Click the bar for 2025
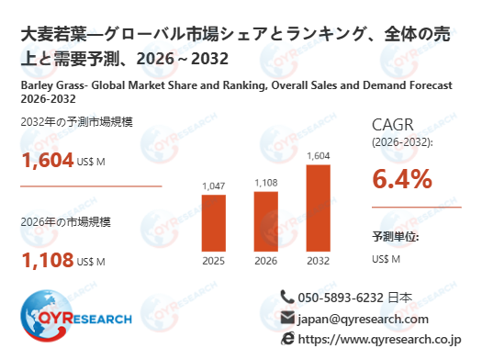pyautogui.click(x=213, y=222)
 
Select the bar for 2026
pyautogui.click(x=265, y=220)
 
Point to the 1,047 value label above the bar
pyautogui.click(x=213, y=186)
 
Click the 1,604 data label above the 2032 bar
pyautogui.click(x=318, y=155)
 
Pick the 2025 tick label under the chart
pyautogui.click(x=213, y=261)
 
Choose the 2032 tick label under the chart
pyautogui.click(x=318, y=261)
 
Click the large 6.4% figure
pyautogui.click(x=402, y=179)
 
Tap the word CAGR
pyautogui.click(x=393, y=125)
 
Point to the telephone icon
pyautogui.click(x=288, y=297)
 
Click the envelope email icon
pyautogui.click(x=288, y=318)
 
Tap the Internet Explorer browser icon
pyautogui.click(x=288, y=339)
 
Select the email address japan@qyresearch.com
pyautogui.click(x=363, y=319)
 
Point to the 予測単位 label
pyautogui.click(x=396, y=237)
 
